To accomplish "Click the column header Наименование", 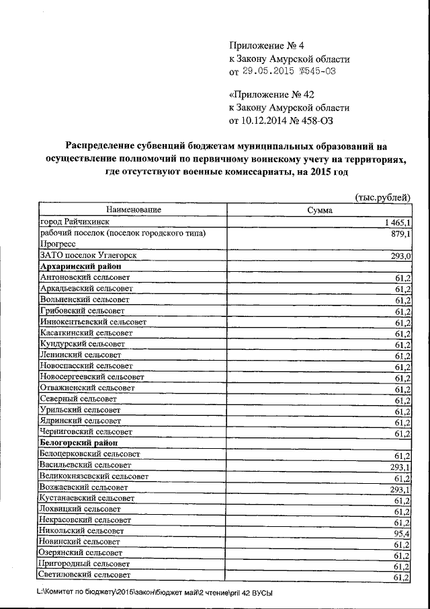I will (133, 210).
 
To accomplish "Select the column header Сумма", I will (320, 211).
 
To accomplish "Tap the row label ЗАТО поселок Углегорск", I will (79, 256).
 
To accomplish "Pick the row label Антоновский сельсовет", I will (85, 277).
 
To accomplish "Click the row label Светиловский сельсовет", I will (85, 575).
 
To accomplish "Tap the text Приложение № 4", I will (267, 46).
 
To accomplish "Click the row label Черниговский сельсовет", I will (85, 431).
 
